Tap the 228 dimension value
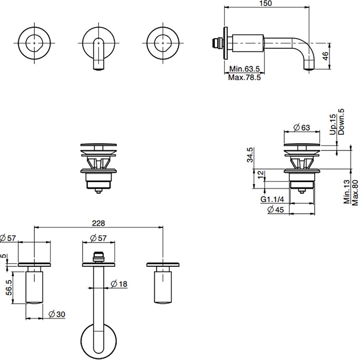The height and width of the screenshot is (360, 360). tap(98, 223)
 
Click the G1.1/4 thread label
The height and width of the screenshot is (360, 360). tap(272, 200)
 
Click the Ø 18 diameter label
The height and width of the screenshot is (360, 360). tap(120, 284)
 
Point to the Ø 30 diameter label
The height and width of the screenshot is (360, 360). tap(56, 314)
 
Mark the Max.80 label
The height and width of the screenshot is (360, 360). tap(355, 193)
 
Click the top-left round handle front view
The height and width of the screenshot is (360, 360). tap(35, 40)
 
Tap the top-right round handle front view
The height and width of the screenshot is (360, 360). tap(164, 40)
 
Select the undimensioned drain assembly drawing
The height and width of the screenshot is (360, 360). tap(97, 165)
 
